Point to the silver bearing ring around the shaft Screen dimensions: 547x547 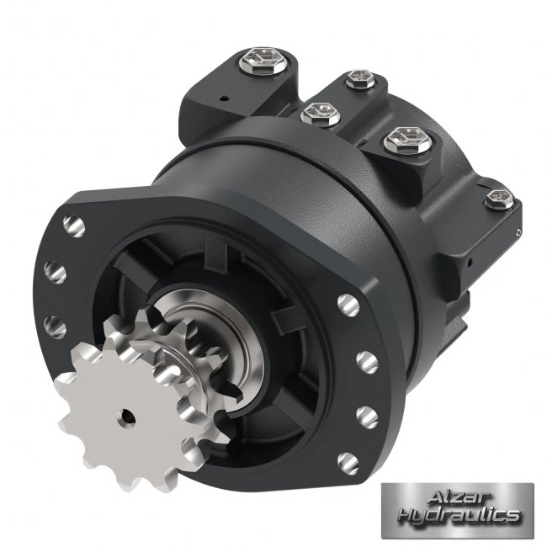tap(223, 345)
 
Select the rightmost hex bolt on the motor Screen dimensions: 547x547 tap(500, 199)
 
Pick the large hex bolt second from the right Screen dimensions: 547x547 tap(407, 141)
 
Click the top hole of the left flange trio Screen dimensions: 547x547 tap(74, 226)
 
